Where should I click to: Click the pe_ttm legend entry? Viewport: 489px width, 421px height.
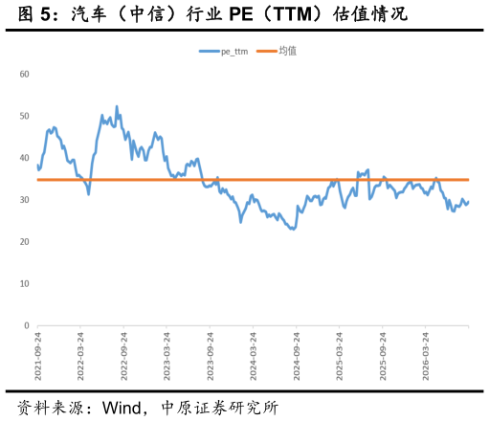click(x=223, y=51)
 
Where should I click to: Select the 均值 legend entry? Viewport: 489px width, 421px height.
click(x=277, y=51)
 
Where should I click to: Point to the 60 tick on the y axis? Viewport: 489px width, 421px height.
click(x=24, y=75)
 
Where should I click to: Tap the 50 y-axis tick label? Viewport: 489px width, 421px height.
click(x=24, y=116)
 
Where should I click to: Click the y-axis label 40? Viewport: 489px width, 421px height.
click(x=24, y=158)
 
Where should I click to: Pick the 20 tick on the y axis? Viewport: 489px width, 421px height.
click(x=24, y=242)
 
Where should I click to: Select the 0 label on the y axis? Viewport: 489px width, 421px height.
click(x=27, y=325)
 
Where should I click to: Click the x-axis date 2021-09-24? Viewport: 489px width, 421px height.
click(x=38, y=356)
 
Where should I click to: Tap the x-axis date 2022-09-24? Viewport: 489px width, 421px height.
click(x=123, y=356)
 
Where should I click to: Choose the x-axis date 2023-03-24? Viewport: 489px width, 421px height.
click(x=167, y=356)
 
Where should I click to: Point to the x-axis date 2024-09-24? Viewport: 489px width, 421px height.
click(x=297, y=356)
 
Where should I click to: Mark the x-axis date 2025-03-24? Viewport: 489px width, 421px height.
click(x=339, y=356)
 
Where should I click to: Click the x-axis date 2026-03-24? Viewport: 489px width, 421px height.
click(x=426, y=356)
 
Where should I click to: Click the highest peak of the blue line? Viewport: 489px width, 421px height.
click(x=117, y=106)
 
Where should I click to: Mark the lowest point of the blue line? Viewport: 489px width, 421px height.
click(x=293, y=229)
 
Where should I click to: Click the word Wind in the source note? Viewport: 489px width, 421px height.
click(x=122, y=408)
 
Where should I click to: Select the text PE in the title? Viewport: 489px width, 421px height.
click(x=241, y=14)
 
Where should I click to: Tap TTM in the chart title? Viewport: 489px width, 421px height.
click(x=293, y=14)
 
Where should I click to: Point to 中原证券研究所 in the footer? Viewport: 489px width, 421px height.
click(x=220, y=408)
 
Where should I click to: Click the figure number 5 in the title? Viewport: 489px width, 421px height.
click(x=45, y=14)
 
